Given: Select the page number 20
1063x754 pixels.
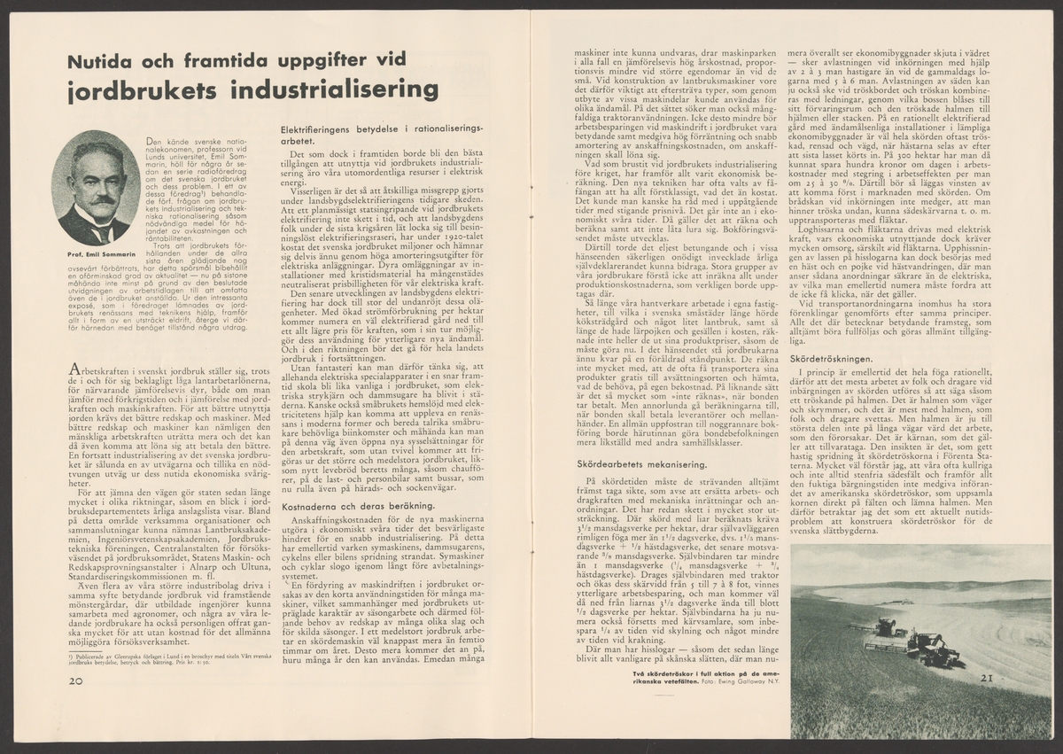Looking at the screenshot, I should (76, 680).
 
